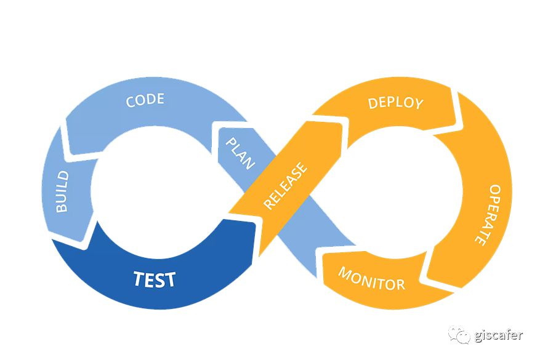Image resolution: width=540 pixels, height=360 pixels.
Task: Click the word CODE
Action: pyautogui.click(x=145, y=100)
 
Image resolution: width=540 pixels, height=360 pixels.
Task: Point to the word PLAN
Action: pyautogui.click(x=241, y=153)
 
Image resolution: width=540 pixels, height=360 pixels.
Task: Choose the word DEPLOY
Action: pyautogui.click(x=396, y=102)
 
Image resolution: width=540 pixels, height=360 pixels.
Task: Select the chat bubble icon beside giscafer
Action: pyautogui.click(x=459, y=335)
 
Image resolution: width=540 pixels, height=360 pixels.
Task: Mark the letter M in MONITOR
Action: pyautogui.click(x=345, y=273)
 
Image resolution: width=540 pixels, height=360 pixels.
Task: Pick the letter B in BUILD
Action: pyautogui.click(x=62, y=207)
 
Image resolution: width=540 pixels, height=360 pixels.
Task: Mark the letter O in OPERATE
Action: pyautogui.click(x=494, y=190)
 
